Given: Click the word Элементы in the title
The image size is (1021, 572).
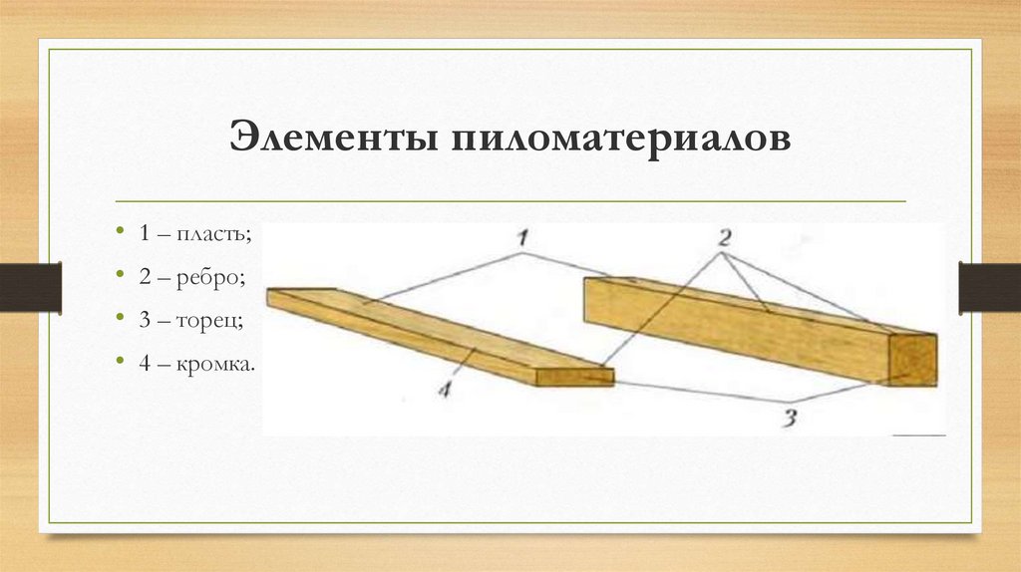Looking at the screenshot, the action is click(333, 137).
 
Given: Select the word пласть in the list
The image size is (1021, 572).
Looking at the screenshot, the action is click(213, 233).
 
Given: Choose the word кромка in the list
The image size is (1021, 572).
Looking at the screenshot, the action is click(215, 363).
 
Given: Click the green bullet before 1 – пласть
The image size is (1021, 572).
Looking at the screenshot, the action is click(120, 231).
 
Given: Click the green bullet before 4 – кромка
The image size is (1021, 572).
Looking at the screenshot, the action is click(120, 361).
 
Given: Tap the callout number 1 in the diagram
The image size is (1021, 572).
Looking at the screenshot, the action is click(522, 238).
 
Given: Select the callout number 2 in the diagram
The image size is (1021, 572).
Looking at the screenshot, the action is click(724, 238).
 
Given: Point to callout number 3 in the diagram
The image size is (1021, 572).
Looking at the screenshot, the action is click(790, 418).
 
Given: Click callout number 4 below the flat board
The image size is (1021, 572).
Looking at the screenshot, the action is click(444, 390).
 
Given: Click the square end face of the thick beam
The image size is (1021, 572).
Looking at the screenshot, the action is click(912, 360).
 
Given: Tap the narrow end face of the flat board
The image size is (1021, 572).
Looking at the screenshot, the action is click(574, 377).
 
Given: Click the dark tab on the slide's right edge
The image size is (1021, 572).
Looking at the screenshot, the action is click(990, 287).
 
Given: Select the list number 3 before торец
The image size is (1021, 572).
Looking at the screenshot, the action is click(145, 320).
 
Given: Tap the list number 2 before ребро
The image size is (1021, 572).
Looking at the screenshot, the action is click(145, 277).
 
